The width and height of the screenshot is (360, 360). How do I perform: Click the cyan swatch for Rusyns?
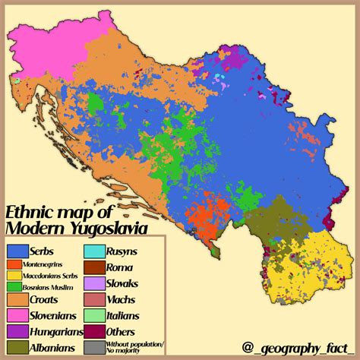point(93,251)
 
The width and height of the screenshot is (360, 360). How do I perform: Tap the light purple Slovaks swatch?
point(93,283)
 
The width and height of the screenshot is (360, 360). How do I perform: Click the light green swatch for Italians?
point(93,315)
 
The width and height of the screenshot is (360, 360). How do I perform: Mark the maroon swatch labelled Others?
point(93,331)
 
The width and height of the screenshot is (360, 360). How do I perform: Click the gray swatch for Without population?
point(93,347)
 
